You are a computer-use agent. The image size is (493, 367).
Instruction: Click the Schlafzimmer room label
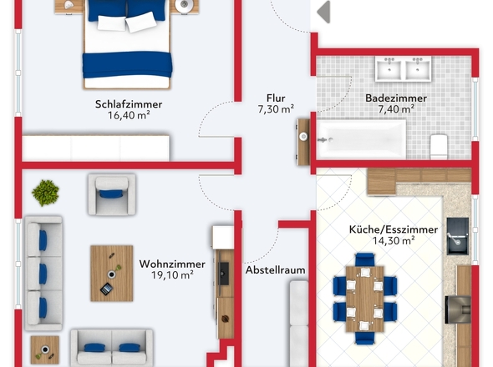tap(129, 104)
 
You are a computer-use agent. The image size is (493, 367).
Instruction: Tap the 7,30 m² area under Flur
tap(276, 109)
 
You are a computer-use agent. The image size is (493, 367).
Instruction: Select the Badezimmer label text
tap(396, 98)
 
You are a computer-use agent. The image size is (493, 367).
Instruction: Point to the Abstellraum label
tap(275, 270)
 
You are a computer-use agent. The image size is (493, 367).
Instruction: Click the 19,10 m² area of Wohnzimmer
tap(172, 275)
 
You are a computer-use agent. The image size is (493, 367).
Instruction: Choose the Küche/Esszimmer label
tap(394, 229)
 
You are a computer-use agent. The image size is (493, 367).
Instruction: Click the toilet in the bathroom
tap(439, 147)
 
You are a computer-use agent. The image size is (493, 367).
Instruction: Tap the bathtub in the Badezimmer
tap(361, 139)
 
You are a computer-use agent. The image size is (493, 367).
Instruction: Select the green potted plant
tap(46, 193)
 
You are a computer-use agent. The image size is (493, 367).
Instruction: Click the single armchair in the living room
tap(112, 194)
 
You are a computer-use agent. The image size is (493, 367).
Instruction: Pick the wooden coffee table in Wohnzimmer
tap(112, 274)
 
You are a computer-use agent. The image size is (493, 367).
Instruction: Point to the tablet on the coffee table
tap(106, 289)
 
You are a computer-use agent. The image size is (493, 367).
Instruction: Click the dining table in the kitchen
tap(364, 299)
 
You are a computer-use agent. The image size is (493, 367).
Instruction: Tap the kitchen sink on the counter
tap(457, 236)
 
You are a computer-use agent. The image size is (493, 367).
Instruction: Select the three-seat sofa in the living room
tap(43, 273)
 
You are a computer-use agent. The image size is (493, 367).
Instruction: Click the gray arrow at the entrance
tap(323, 12)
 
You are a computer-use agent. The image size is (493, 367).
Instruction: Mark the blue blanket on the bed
tap(127, 65)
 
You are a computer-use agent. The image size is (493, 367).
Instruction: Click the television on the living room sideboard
tap(224, 274)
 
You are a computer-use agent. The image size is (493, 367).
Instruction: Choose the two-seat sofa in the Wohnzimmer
tap(112, 348)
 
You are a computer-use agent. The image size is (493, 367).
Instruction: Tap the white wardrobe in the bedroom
tap(95, 148)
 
